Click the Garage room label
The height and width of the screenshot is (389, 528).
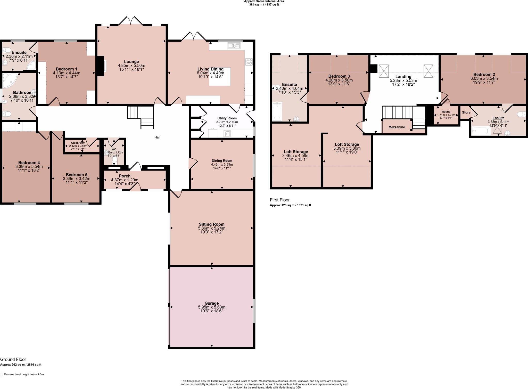[211, 303]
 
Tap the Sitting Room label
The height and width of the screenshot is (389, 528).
[211, 224]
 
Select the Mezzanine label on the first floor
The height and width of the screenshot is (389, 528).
[397, 127]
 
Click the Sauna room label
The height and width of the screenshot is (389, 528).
[446, 112]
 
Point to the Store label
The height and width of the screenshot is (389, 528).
[466, 112]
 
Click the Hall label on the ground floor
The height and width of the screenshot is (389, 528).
[157, 137]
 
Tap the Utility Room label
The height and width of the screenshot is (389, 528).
[227, 118]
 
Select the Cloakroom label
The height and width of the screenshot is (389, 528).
[78, 143]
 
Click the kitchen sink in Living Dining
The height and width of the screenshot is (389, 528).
[234, 46]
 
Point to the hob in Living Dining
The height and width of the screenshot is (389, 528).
[249, 62]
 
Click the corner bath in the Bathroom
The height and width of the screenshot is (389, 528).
[9, 80]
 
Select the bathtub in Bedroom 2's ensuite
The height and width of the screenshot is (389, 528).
[481, 131]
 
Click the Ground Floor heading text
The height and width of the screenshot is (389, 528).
[13, 359]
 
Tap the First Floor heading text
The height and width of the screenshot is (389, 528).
[280, 200]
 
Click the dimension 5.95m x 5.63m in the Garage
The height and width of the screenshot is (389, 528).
[211, 307]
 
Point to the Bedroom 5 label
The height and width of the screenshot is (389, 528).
[76, 175]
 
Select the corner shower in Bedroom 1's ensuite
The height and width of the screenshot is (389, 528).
[31, 66]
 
